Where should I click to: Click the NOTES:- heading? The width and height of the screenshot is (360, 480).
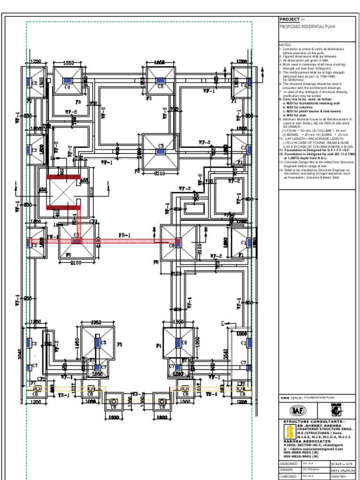(285, 45)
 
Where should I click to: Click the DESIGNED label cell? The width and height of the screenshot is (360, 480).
(289, 464)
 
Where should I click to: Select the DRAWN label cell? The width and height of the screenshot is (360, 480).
(287, 470)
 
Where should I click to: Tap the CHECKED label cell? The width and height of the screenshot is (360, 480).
(289, 476)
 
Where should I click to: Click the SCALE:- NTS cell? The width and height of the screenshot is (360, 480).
(342, 464)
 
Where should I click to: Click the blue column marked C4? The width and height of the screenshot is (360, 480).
(67, 81)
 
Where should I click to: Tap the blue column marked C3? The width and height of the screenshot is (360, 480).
(160, 80)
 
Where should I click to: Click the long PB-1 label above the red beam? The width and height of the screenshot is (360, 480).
(125, 235)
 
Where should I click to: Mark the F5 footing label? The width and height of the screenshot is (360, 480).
(120, 345)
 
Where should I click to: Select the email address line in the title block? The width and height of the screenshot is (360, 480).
(315, 449)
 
